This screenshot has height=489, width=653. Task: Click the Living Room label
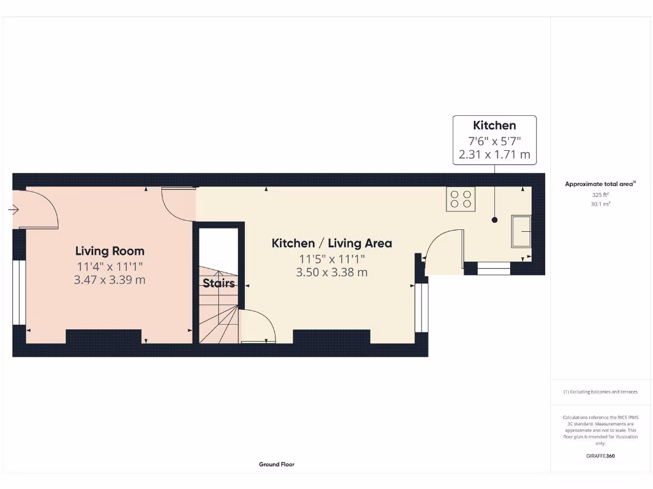point(110,251)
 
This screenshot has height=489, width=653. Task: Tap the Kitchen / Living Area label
point(332,243)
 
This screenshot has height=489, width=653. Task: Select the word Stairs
point(219,283)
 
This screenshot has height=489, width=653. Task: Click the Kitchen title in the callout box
point(494,125)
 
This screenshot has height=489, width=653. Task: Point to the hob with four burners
point(461,199)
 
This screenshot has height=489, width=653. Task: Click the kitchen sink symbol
point(521,231)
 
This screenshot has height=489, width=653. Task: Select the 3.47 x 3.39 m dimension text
point(110,279)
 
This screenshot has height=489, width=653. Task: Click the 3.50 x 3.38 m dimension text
point(332,272)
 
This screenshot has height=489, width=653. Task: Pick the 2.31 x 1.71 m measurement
point(494,154)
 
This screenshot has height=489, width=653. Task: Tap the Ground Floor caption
point(277,465)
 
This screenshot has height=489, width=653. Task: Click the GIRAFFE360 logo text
point(601,456)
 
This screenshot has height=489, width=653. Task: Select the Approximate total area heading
point(600,184)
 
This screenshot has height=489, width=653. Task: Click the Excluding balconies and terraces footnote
point(600,392)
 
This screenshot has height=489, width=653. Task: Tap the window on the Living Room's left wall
point(18,292)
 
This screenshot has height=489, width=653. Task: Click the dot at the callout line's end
point(494,220)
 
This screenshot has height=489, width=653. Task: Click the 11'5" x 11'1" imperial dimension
point(332,259)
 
